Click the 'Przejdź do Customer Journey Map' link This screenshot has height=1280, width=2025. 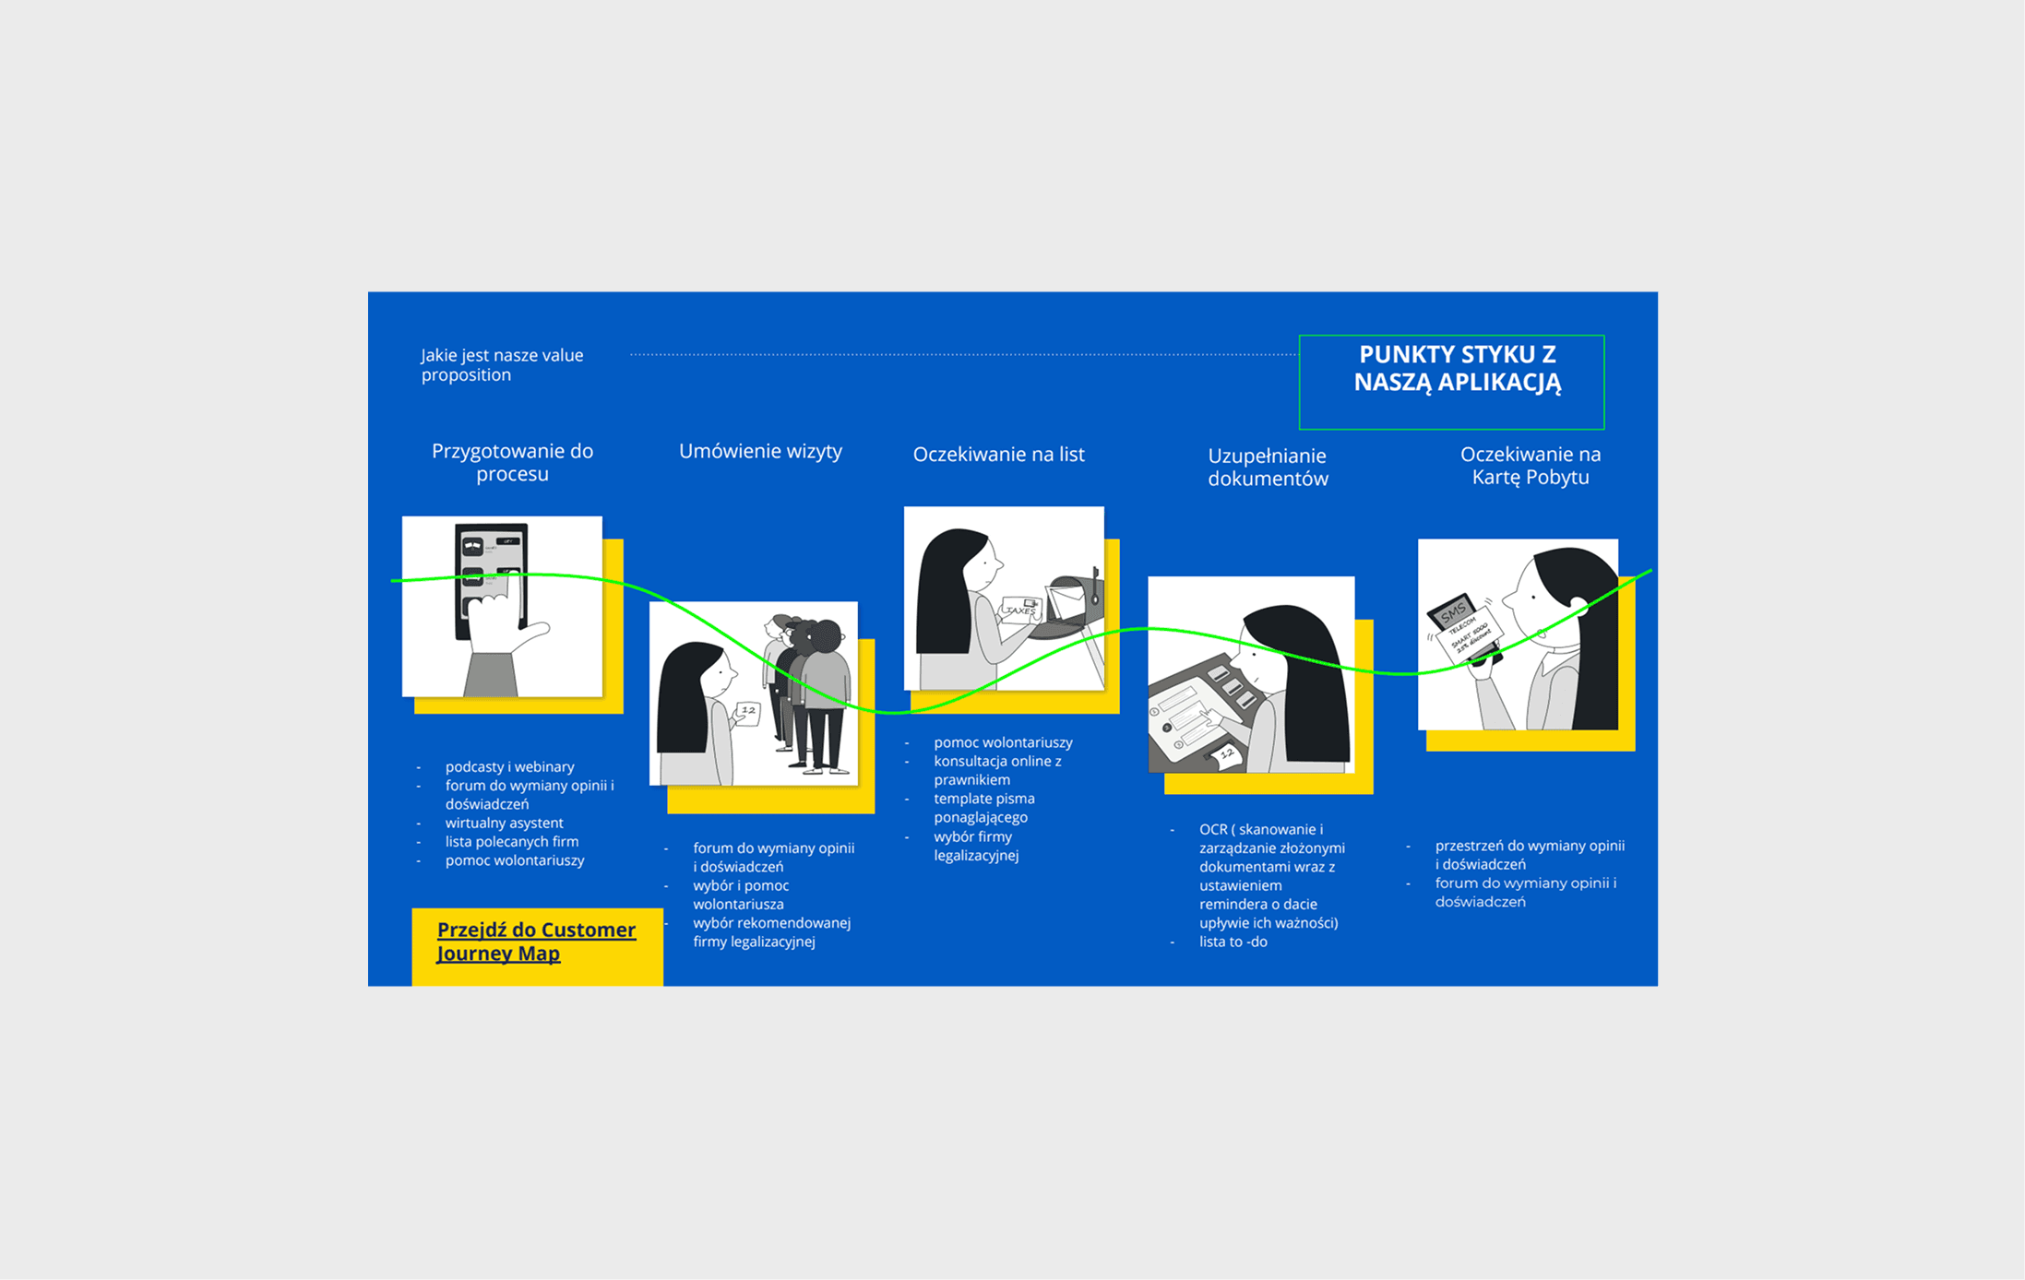pyautogui.click(x=536, y=942)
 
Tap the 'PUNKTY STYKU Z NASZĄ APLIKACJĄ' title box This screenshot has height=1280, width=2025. pyautogui.click(x=1451, y=382)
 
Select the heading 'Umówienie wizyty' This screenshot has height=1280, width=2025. pyautogui.click(x=760, y=451)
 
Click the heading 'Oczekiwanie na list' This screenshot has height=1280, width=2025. pyautogui.click(x=998, y=454)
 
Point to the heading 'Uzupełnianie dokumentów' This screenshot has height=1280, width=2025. pyautogui.click(x=1268, y=467)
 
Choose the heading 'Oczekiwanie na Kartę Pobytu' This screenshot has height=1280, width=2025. pyautogui.click(x=1531, y=466)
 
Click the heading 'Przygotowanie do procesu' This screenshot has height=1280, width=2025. pyautogui.click(x=512, y=462)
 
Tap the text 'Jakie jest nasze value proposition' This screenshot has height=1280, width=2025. pyautogui.click(x=502, y=364)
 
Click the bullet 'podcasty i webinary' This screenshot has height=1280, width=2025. pyautogui.click(x=509, y=766)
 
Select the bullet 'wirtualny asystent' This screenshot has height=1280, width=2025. pyautogui.click(x=504, y=823)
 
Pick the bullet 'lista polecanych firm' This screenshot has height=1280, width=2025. pyautogui.click(x=512, y=841)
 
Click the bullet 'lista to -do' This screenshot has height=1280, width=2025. pyautogui.click(x=1233, y=942)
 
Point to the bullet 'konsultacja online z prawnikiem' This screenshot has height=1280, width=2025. pyautogui.click(x=997, y=770)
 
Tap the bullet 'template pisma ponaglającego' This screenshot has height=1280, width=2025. pyautogui.click(x=983, y=808)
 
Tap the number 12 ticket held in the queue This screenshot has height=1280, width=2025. pyautogui.click(x=747, y=713)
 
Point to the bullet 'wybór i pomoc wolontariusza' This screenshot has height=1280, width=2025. pyautogui.click(x=741, y=895)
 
